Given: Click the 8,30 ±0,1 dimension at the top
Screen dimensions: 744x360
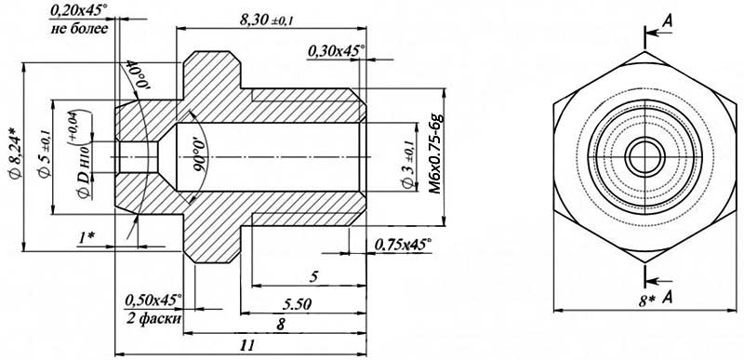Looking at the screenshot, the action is [x=269, y=20].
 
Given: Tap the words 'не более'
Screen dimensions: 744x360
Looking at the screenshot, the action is [x=79, y=29].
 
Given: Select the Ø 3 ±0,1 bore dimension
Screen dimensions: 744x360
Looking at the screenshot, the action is [x=408, y=162].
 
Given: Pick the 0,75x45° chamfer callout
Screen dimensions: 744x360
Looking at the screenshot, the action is [x=404, y=245].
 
